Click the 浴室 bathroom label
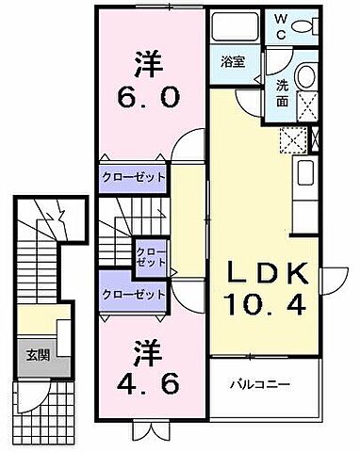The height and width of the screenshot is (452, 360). pos(233,62)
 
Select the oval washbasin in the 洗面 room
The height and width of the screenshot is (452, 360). pos(308,77)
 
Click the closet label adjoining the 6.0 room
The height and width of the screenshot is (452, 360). pos(133,176)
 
